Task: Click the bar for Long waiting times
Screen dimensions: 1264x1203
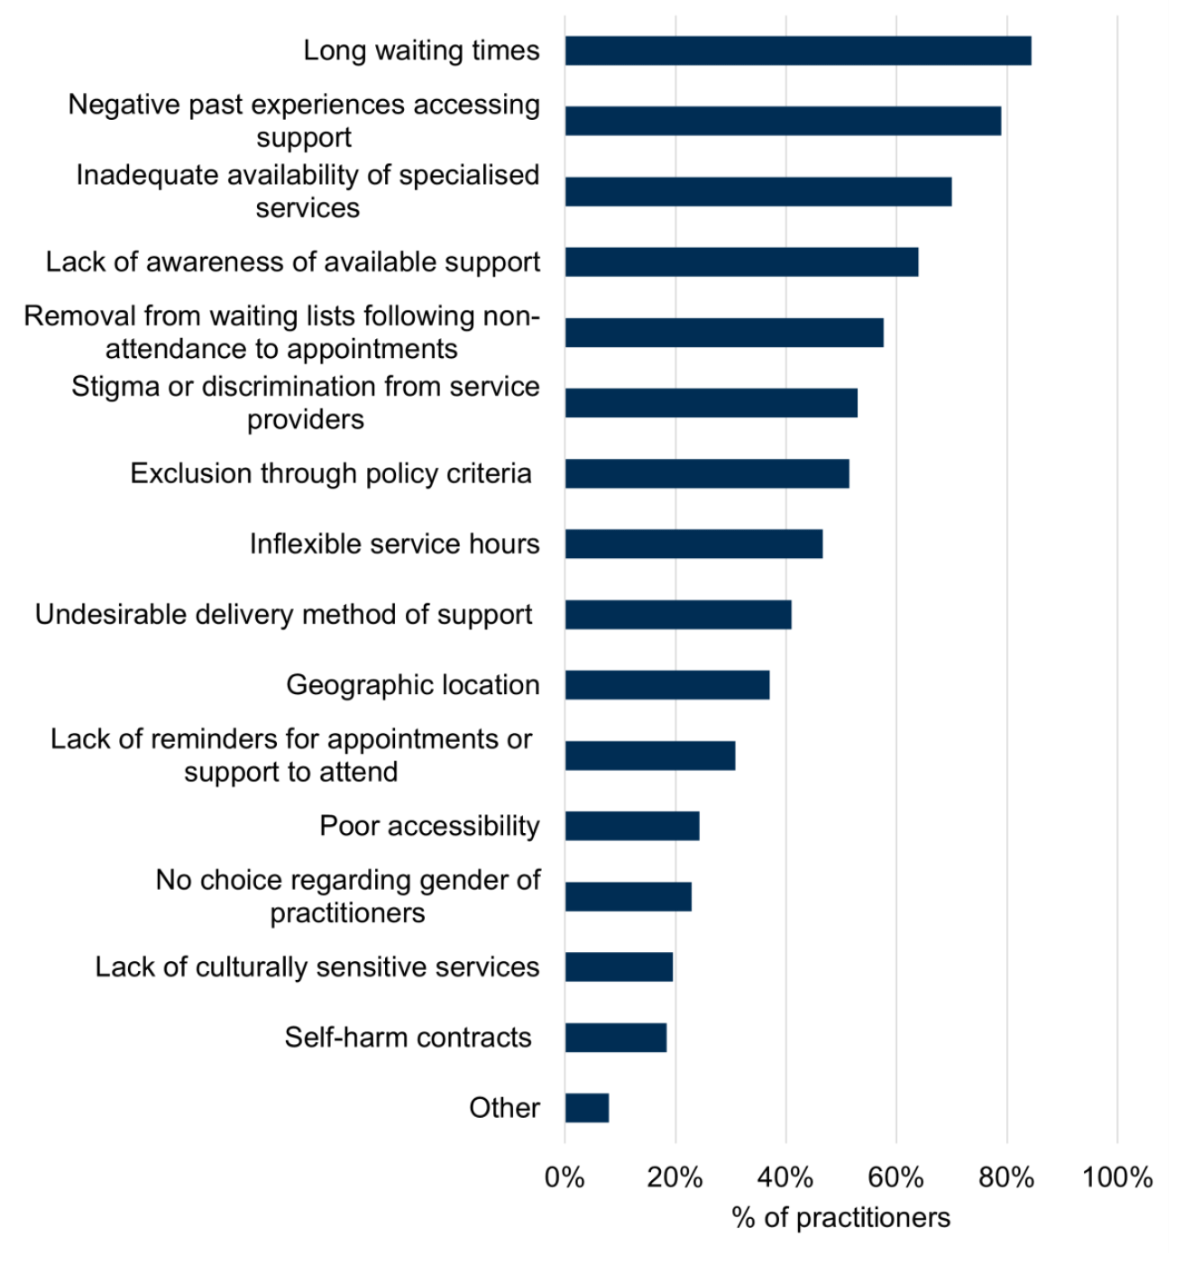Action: (797, 51)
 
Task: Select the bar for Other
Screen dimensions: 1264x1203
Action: (587, 1108)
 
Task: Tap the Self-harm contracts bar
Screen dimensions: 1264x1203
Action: (616, 1038)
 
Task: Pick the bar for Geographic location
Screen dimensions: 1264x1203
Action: (667, 685)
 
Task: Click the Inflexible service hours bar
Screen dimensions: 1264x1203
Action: (693, 545)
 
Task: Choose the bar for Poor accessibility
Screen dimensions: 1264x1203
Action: (632, 826)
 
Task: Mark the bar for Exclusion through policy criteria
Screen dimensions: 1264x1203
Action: (707, 474)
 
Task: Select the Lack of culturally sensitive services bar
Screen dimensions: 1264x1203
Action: (619, 967)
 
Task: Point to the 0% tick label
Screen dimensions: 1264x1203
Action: (565, 1177)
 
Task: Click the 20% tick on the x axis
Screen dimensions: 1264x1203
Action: (675, 1177)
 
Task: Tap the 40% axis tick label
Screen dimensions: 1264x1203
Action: (785, 1177)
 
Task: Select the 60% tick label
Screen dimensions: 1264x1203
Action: (895, 1177)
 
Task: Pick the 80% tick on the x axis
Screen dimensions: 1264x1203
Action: (1006, 1177)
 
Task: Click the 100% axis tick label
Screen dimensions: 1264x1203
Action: (1117, 1177)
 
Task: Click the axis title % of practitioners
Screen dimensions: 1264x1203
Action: (840, 1218)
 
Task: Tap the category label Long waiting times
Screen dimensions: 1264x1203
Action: (421, 51)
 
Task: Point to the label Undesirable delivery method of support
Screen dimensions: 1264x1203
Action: (283, 615)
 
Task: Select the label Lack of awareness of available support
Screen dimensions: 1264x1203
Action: (293, 262)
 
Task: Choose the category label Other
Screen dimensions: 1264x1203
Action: (504, 1108)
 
